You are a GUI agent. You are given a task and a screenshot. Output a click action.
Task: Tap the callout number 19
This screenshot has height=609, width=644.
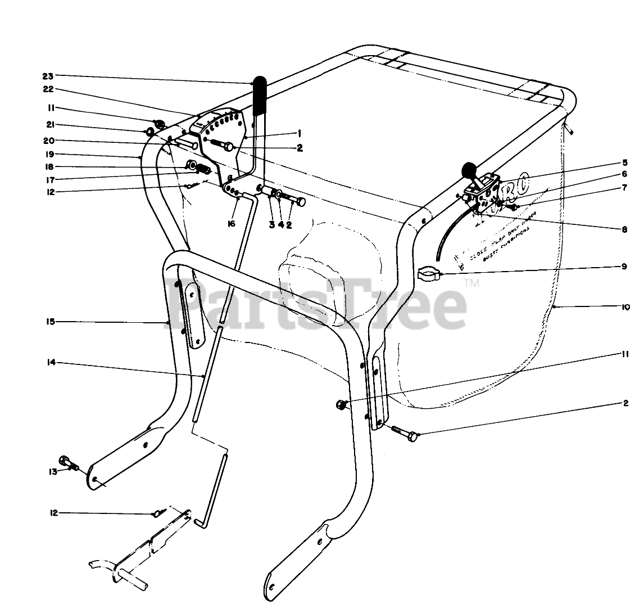(48, 154)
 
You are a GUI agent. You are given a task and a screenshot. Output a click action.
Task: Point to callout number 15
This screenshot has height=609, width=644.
(50, 322)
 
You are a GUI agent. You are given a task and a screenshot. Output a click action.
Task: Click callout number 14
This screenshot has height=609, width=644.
(51, 363)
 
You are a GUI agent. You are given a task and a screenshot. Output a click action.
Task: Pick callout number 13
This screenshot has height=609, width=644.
(53, 471)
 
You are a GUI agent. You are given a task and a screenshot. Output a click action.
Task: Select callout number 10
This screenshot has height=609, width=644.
(625, 307)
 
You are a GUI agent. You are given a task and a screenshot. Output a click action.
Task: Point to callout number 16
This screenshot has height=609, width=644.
(231, 224)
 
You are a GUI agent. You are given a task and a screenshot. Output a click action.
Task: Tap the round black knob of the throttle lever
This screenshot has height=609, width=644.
(468, 169)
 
